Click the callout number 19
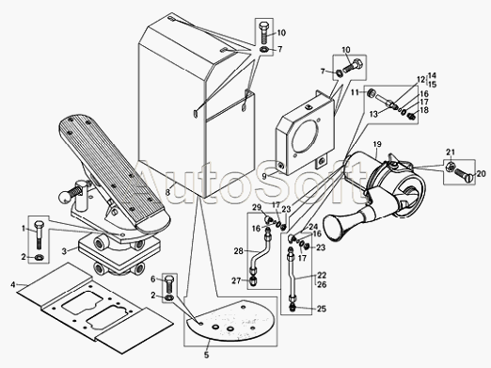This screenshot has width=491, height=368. (x=377, y=144)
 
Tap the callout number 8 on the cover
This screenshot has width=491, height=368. (x=167, y=192)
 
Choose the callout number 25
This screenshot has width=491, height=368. (x=322, y=309)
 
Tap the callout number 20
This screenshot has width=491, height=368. (x=482, y=173)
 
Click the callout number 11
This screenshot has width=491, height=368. (x=355, y=92)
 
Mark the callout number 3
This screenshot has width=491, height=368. (x=64, y=251)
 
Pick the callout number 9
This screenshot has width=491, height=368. (x=264, y=176)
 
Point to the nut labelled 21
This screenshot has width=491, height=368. (x=449, y=166)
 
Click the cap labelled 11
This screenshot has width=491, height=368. (x=372, y=93)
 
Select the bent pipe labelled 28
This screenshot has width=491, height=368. (x=260, y=256)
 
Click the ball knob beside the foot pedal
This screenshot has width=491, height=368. (x=64, y=198)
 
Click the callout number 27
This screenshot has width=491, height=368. (x=236, y=280)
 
